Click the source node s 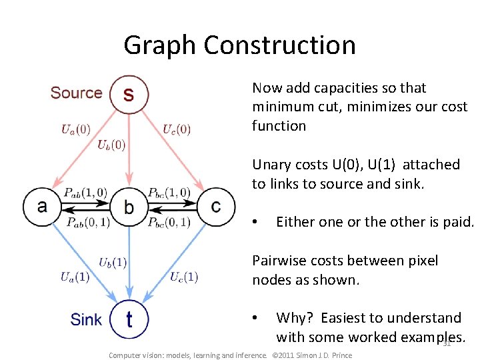(x=129, y=94)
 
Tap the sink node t (x=129, y=319)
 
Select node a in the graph (x=42, y=206)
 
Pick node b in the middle (x=129, y=207)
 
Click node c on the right (x=215, y=206)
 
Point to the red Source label (x=76, y=93)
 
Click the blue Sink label (x=86, y=319)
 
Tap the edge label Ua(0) (x=76, y=129)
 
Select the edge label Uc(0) (x=177, y=129)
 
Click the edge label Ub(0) (x=111, y=144)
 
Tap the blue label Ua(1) (x=75, y=277)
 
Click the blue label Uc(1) (x=184, y=277)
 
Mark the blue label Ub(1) (x=113, y=262)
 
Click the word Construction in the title (x=279, y=45)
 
